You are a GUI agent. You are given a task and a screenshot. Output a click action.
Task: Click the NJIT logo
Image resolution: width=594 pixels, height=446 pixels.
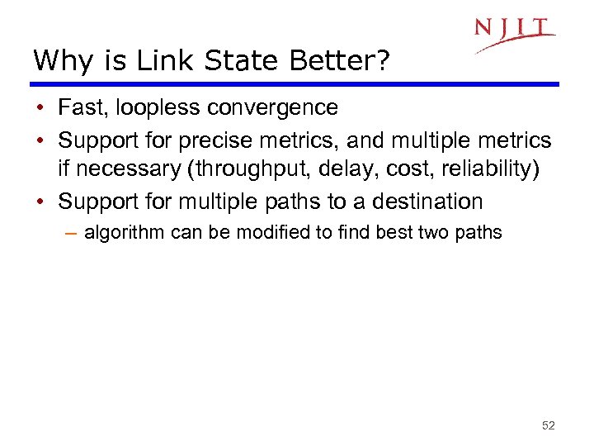click(x=514, y=34)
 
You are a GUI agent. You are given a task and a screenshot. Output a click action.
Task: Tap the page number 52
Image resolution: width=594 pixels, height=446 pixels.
click(x=549, y=425)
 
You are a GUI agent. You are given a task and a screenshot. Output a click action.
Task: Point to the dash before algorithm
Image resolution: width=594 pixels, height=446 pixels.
click(x=71, y=233)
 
